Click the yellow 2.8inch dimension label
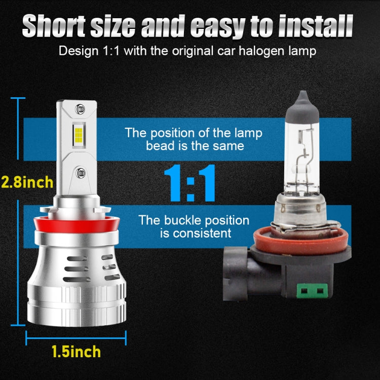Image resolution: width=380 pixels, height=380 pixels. [26, 181]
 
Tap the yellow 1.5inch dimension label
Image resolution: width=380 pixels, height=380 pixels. [75, 351]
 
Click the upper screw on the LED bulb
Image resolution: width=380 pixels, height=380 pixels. [79, 108]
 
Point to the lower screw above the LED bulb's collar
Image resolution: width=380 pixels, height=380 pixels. [79, 174]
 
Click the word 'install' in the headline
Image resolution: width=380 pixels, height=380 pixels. [318, 27]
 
